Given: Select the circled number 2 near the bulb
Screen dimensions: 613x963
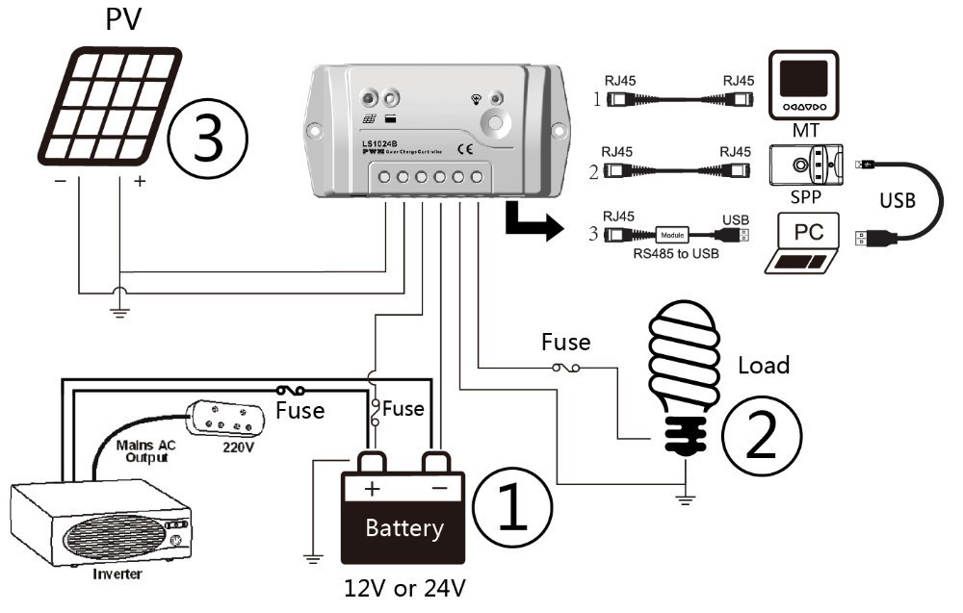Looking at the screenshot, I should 762,436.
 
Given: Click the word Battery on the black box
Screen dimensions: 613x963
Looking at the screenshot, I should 403,528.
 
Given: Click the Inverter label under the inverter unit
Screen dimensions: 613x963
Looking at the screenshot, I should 118,575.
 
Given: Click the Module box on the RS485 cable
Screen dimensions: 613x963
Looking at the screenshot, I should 673,234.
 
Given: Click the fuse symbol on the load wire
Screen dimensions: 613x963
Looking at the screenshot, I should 565,367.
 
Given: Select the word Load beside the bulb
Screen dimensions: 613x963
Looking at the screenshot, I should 763,366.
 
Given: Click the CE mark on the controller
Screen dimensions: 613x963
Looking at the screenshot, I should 463,149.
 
